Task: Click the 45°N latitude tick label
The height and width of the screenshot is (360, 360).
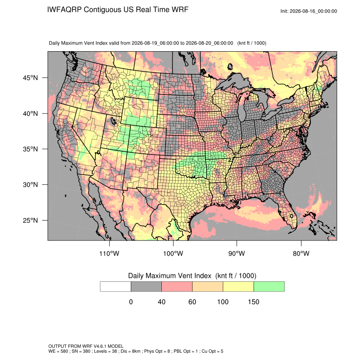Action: click(30, 78)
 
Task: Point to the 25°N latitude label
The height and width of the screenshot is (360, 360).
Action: click(30, 220)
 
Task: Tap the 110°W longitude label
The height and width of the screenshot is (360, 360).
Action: click(109, 253)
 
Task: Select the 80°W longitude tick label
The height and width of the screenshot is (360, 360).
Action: click(301, 253)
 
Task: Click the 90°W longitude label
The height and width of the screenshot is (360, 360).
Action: click(236, 253)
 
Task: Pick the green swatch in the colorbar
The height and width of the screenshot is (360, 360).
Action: click(269, 287)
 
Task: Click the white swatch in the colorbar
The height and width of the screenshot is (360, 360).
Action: click(116, 287)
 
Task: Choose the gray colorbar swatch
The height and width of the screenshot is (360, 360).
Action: click(146, 287)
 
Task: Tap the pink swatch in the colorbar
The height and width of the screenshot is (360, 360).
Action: click(177, 287)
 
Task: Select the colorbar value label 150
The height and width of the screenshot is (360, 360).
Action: click(253, 302)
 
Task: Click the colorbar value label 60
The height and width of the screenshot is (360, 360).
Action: click(192, 302)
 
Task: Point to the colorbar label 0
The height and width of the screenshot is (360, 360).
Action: click(131, 302)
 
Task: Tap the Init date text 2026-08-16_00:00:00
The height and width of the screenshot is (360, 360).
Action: click(313, 11)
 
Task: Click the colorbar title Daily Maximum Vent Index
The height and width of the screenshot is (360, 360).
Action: click(170, 276)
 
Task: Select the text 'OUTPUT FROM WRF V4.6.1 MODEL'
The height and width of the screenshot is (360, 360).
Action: click(86, 346)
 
